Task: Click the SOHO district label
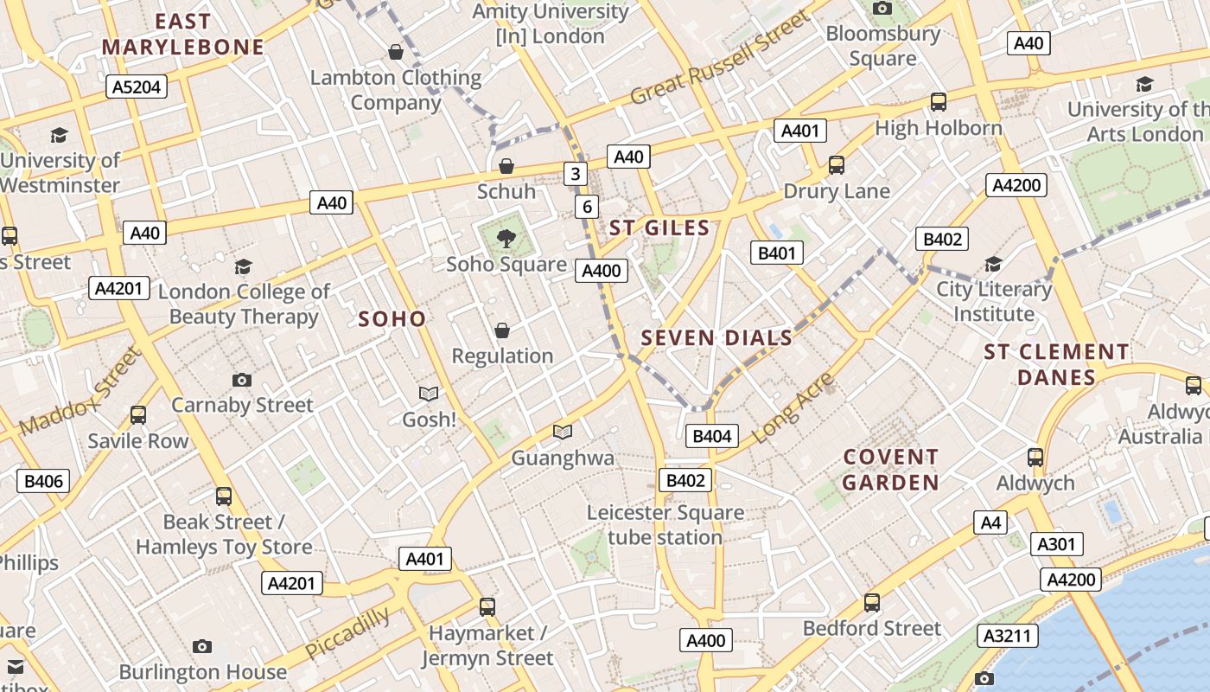[x=392, y=319]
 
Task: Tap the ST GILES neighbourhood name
[x=659, y=228]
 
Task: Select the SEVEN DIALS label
[x=716, y=338]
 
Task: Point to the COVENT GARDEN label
[x=890, y=470]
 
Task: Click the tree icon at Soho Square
[x=506, y=236]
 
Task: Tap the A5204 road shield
[x=136, y=86]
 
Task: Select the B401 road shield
[x=776, y=253]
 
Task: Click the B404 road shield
[x=712, y=436]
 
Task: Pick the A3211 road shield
[x=1008, y=637]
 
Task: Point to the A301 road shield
[x=1056, y=544]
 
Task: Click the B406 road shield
[x=43, y=481]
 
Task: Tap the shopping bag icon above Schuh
[x=506, y=165]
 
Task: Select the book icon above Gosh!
[x=429, y=394]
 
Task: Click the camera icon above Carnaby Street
[x=242, y=379]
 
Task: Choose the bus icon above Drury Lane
[x=836, y=164]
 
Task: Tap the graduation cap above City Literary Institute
[x=994, y=264]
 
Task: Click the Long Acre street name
[x=793, y=408]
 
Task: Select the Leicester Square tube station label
[x=665, y=525]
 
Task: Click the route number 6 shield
[x=588, y=206]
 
